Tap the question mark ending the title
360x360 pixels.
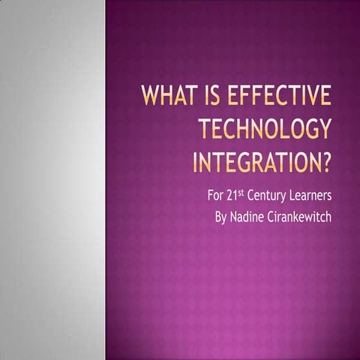(x=325, y=160)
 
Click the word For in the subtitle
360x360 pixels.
(x=217, y=197)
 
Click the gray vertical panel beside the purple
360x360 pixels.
(x=52, y=180)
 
